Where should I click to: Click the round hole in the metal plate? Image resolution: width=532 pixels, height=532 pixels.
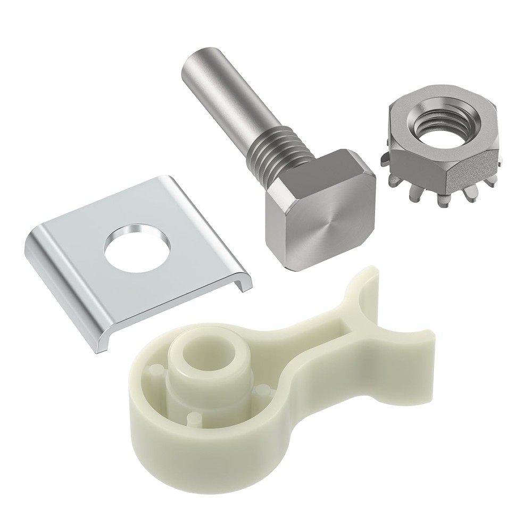[x=128, y=244]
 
